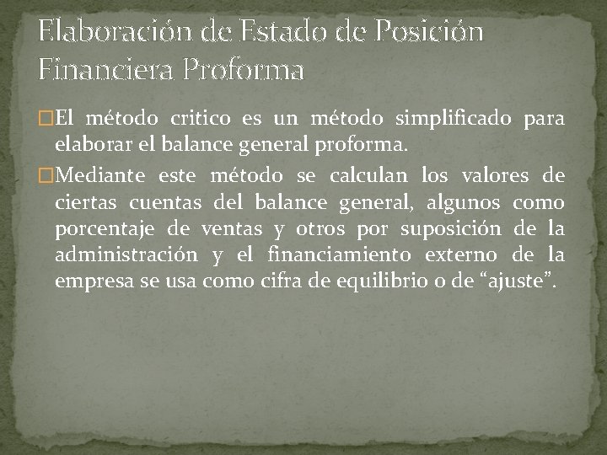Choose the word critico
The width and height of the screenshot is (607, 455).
pyautogui.click(x=202, y=121)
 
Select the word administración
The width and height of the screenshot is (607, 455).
pyautogui.click(x=126, y=255)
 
